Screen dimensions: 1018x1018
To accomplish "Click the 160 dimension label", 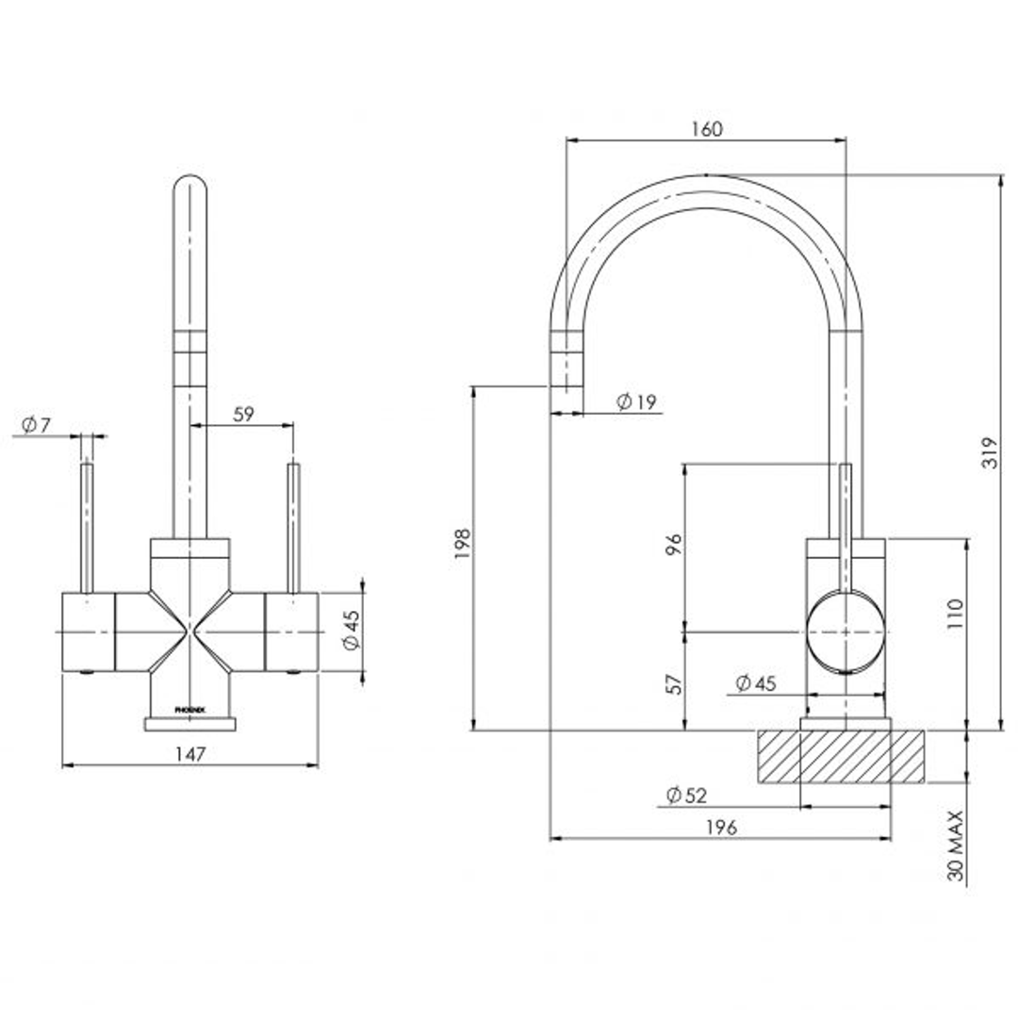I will coord(706,129).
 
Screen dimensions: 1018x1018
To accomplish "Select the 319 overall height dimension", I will coord(988,457).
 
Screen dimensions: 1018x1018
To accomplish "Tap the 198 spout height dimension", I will coord(462,544).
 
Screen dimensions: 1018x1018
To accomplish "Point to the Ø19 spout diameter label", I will coord(636,402).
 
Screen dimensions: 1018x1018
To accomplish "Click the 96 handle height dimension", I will coord(673,544).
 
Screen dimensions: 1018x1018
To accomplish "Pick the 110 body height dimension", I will coord(955,615).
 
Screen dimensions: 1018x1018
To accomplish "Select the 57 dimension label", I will coord(673,683).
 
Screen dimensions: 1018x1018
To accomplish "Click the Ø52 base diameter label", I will coord(685,796).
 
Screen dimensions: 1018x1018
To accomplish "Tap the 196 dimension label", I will coord(720,828).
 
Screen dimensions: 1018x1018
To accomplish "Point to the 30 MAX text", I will coord(957,846).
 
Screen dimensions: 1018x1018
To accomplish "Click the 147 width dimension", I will coord(189,753).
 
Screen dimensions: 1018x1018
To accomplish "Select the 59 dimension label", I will coord(243,414).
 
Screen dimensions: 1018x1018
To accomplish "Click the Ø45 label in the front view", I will coord(351,630).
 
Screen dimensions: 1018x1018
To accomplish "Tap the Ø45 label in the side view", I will coord(755,683).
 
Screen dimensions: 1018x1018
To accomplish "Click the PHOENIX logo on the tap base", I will coord(189,707).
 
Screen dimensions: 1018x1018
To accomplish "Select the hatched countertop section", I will coord(839,757).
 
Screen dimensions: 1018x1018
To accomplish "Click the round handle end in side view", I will coord(846,630).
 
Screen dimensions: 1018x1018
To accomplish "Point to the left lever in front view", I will coord(87,528).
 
